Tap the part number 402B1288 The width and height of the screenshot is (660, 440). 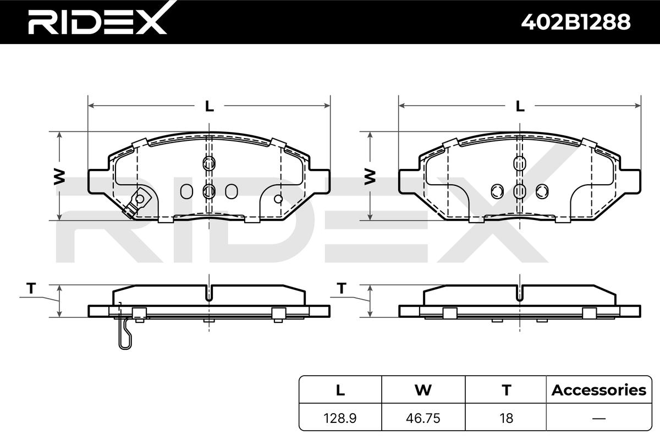point(576,22)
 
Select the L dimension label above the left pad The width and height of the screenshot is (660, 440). point(209,106)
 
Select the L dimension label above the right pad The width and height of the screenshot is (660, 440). point(520,106)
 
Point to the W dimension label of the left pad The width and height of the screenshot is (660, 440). point(59,177)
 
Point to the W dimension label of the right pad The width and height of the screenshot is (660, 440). point(370,177)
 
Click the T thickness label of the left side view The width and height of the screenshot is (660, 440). point(31,288)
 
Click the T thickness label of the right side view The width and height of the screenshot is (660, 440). point(342,288)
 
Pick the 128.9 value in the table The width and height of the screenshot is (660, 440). point(340,418)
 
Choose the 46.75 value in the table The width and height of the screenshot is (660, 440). point(423,418)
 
